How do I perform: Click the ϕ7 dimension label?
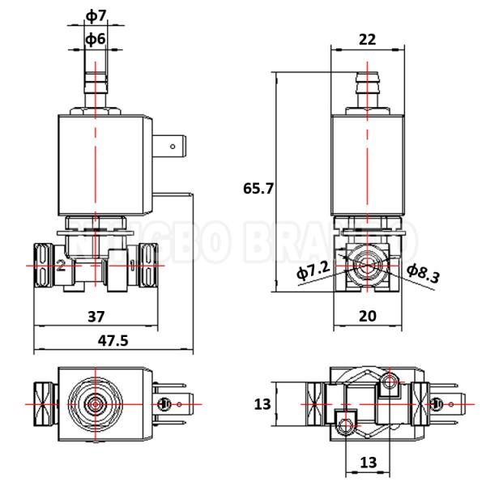(96, 15)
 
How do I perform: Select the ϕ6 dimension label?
(96, 38)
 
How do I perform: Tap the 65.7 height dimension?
(258, 189)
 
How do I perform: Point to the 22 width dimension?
(368, 38)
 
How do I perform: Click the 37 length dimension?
(96, 315)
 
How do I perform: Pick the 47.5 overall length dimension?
(113, 340)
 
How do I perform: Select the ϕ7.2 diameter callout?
(313, 271)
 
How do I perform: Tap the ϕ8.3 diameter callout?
(423, 273)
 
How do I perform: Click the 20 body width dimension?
(367, 316)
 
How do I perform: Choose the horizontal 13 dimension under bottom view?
(368, 462)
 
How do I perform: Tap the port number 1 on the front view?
(131, 265)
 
